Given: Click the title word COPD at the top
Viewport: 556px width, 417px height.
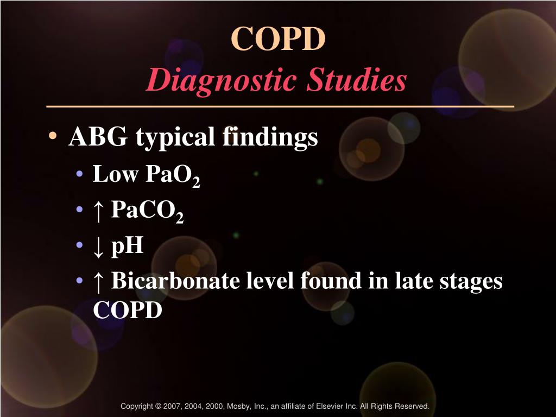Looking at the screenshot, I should [278, 39].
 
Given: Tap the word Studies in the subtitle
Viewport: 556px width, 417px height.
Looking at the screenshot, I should [356, 80].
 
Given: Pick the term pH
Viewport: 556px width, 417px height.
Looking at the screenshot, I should [128, 246].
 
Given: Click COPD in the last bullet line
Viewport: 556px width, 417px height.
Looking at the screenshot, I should [128, 310].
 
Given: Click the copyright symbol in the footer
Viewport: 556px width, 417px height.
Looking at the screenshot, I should [158, 406].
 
